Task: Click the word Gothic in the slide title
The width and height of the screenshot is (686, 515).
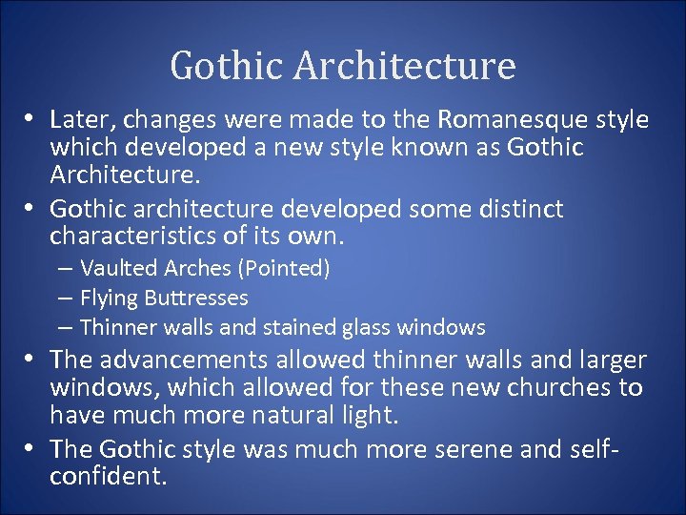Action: click(226, 66)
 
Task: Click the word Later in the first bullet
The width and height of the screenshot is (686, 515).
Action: click(80, 120)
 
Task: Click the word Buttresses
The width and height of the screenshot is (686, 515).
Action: click(196, 299)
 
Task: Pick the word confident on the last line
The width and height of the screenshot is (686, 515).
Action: click(106, 477)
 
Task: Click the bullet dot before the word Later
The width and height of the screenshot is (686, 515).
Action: click(31, 119)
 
